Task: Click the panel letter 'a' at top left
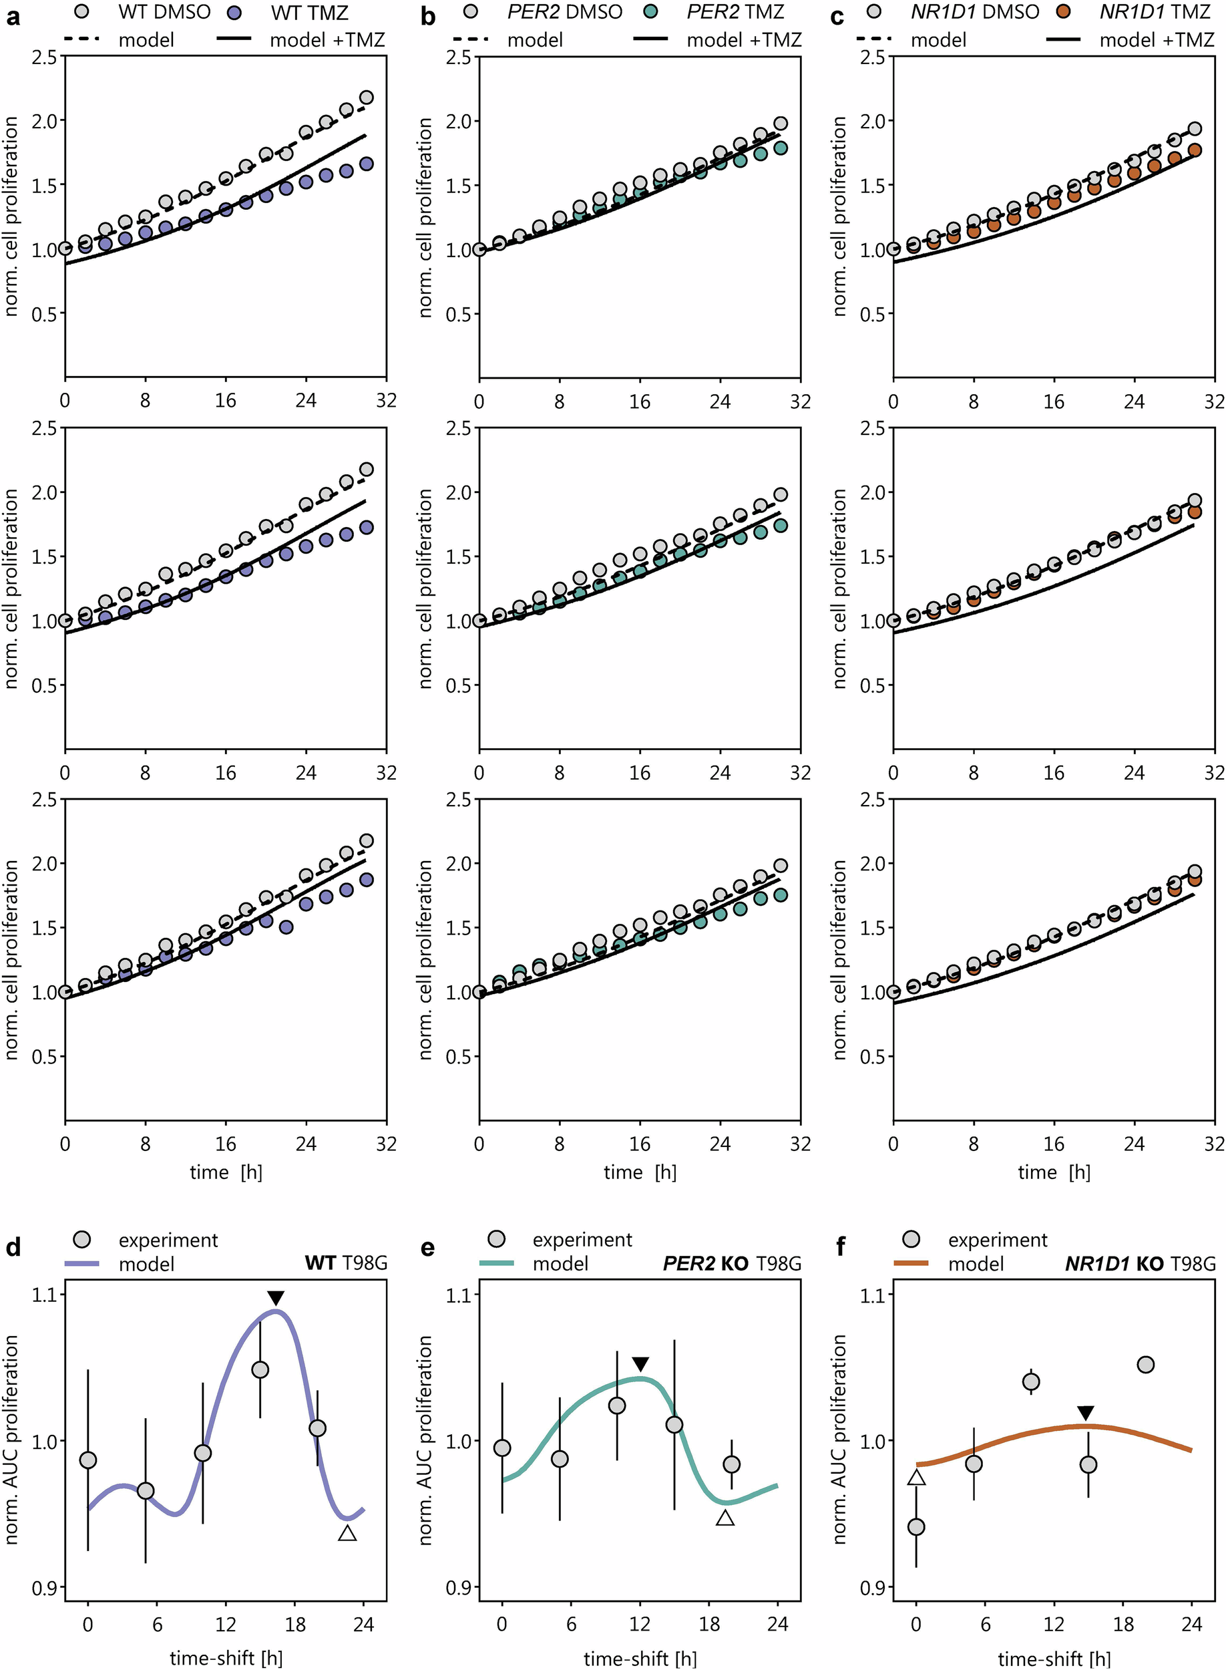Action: (x=13, y=16)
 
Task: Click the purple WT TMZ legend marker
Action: (x=234, y=13)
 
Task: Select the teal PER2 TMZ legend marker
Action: (x=652, y=13)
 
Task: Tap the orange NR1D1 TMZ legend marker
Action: (x=1064, y=13)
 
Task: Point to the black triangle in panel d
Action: (x=275, y=1298)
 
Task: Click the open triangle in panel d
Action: (x=347, y=1532)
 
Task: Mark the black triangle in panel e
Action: (x=640, y=1364)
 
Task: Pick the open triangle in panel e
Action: (x=725, y=1518)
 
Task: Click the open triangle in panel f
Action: (x=917, y=1478)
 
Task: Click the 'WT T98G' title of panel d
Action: (x=346, y=1263)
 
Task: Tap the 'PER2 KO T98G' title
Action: (x=732, y=1263)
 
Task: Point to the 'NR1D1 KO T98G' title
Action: (x=1140, y=1263)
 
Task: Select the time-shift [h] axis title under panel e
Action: (x=640, y=1657)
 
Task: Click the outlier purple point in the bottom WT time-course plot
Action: (x=286, y=927)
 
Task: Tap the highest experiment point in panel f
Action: (x=1146, y=1364)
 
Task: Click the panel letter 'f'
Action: (x=840, y=1247)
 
